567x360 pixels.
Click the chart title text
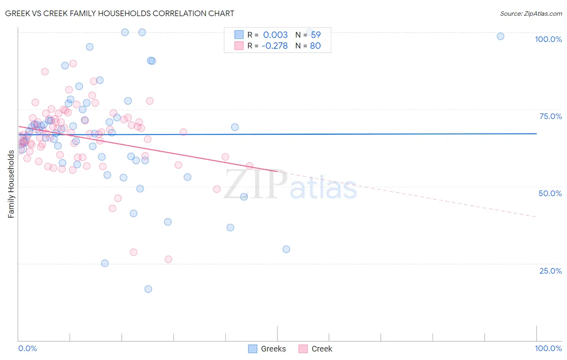[x=119, y=13]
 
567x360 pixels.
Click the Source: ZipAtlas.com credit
[x=531, y=13]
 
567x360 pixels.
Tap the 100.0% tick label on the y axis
[x=548, y=39]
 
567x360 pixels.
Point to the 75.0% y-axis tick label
[x=550, y=116]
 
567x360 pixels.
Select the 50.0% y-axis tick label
[x=550, y=193]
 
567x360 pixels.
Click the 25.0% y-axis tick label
[x=550, y=271]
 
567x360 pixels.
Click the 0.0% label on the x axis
[x=27, y=348]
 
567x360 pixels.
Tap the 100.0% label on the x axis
[x=548, y=348]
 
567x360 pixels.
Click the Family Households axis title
[x=11, y=184]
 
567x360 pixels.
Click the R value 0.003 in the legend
[x=275, y=35]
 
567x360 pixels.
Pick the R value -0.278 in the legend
[x=275, y=46]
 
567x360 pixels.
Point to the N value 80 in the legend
[x=315, y=46]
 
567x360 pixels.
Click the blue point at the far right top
[x=500, y=36]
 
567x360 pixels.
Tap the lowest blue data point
[x=148, y=289]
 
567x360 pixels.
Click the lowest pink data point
[x=168, y=259]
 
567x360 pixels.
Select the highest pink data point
[x=73, y=63]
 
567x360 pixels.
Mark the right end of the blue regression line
[x=536, y=134]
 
